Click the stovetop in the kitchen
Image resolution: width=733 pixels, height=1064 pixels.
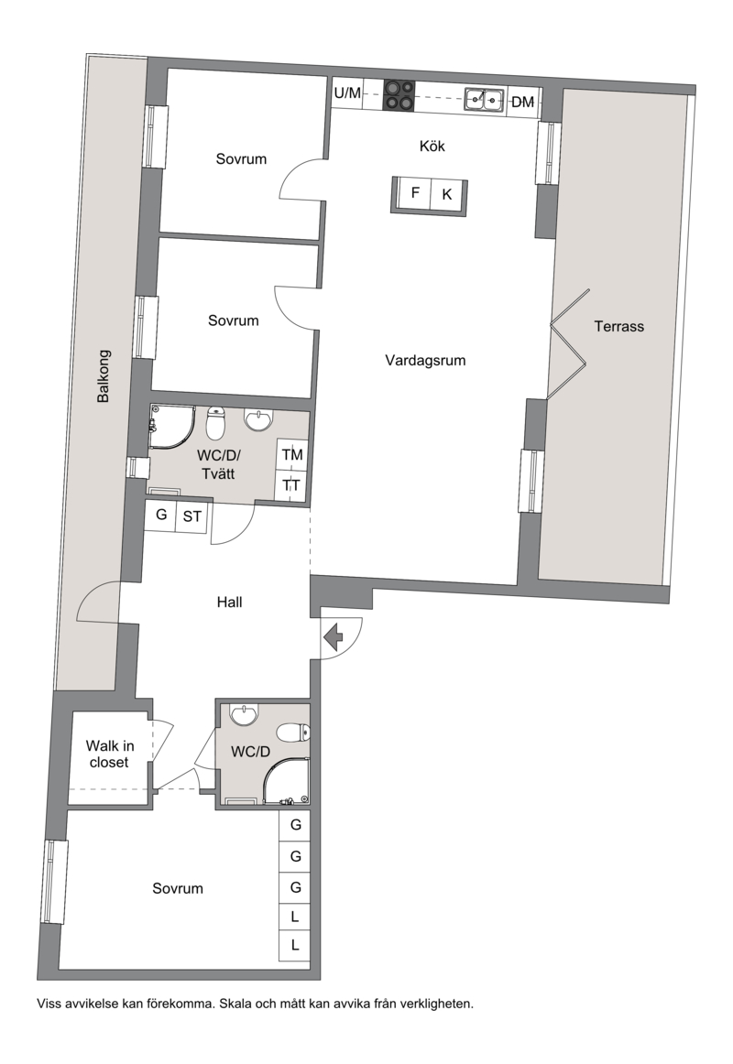coord(399,95)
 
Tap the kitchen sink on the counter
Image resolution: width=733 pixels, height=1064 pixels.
coord(485,100)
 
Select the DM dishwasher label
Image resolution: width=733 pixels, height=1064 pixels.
coord(522,103)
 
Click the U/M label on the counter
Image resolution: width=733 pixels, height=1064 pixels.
coord(347,93)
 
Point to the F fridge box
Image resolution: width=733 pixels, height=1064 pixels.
coord(414,193)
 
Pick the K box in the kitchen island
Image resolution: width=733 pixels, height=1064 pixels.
coord(446,194)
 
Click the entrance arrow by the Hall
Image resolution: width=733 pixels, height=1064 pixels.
coord(334,638)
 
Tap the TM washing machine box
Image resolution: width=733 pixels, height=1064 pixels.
coord(292,455)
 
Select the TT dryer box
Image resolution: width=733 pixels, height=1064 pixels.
coord(292,486)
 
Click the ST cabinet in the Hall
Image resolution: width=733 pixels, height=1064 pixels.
coord(192,516)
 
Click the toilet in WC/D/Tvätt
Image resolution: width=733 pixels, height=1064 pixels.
coord(215,423)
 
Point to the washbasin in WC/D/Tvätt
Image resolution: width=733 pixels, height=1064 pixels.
coord(257,420)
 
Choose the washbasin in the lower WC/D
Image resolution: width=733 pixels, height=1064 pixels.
coord(244,714)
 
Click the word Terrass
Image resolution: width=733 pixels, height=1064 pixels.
coord(619,326)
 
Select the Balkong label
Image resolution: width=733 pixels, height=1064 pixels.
coord(104,376)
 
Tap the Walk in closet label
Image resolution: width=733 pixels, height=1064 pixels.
coord(109,754)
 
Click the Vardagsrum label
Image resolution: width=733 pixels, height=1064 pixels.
coord(425,361)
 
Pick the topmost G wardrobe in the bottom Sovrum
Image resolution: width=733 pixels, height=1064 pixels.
coord(295,826)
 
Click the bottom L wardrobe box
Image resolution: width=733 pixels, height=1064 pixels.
coord(295,945)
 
